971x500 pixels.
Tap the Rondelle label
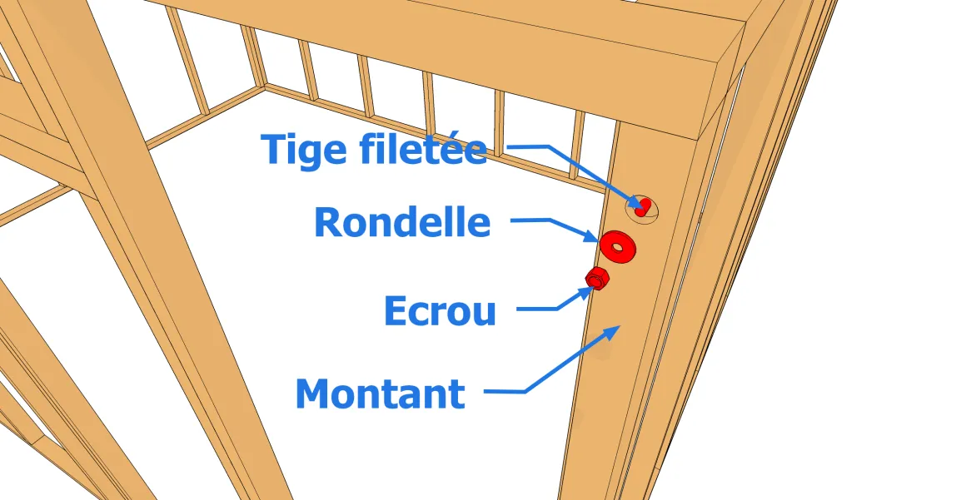(x=402, y=222)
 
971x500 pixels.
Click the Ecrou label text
(x=440, y=311)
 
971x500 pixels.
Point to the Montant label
(x=381, y=394)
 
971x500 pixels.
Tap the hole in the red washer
(x=617, y=245)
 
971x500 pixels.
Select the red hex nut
(x=596, y=278)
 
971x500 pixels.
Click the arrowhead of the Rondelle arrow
(x=595, y=238)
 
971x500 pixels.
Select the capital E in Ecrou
(x=396, y=311)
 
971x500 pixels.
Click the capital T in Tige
(x=276, y=150)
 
